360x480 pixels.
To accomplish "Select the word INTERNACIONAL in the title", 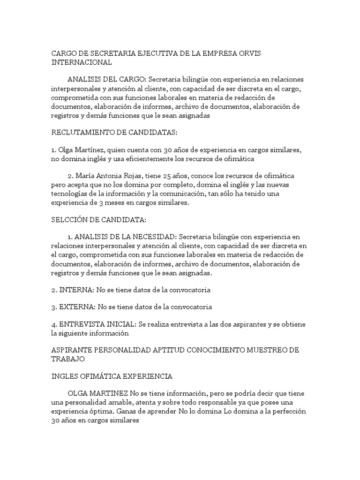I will pos(82,62).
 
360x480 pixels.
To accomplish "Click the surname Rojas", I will pos(143,176).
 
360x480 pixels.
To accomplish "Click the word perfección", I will pos(285,412).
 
